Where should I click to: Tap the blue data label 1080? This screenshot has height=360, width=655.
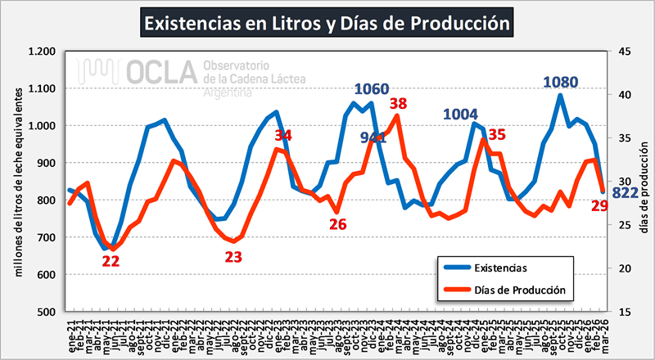[x=562, y=83]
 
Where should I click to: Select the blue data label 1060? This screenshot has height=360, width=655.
[x=371, y=89]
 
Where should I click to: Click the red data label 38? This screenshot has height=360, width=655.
[x=399, y=105]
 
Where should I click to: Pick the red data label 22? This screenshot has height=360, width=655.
[x=111, y=262]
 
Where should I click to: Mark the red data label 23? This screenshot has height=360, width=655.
[x=233, y=257]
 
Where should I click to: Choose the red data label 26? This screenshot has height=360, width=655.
[x=337, y=223]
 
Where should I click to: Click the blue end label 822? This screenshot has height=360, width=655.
[x=626, y=193]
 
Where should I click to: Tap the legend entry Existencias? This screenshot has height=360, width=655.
[x=499, y=268]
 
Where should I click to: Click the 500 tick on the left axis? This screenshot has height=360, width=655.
[x=47, y=312]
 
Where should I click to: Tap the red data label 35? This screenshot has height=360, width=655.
[x=496, y=135]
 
